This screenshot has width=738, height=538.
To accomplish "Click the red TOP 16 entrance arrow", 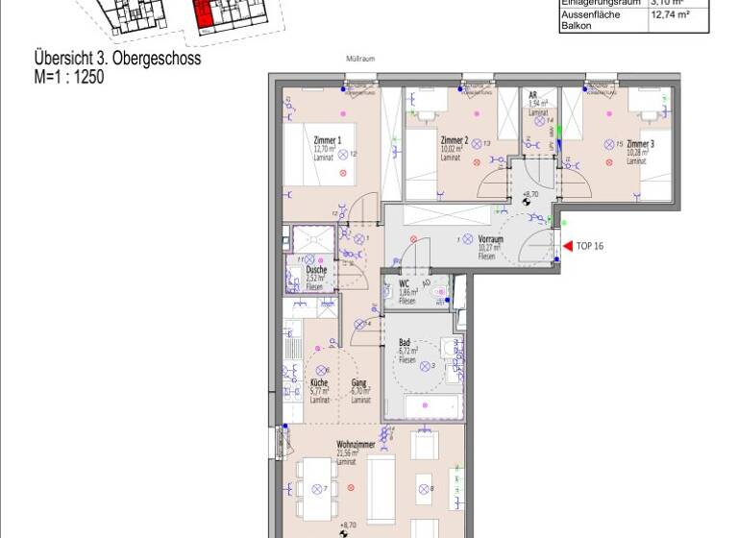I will (x=567, y=246).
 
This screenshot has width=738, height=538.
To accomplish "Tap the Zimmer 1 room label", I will (x=301, y=141).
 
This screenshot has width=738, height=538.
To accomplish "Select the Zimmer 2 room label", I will (x=454, y=140).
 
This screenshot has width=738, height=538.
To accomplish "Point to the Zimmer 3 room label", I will (x=640, y=144).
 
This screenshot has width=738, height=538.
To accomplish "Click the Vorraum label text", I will (x=491, y=239).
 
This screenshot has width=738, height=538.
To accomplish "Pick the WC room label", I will (x=405, y=284).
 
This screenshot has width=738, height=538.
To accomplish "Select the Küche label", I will (x=319, y=383).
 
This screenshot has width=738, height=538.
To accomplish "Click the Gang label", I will (x=358, y=383).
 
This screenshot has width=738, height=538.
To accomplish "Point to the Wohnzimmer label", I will (x=355, y=445).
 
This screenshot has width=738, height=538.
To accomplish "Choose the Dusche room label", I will (x=316, y=270).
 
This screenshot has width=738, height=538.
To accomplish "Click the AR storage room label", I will (x=532, y=95).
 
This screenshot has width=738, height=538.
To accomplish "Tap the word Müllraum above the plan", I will (x=359, y=59).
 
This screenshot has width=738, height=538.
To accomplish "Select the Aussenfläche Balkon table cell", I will (x=589, y=20).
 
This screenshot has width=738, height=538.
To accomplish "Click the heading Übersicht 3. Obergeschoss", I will (x=117, y=59).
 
